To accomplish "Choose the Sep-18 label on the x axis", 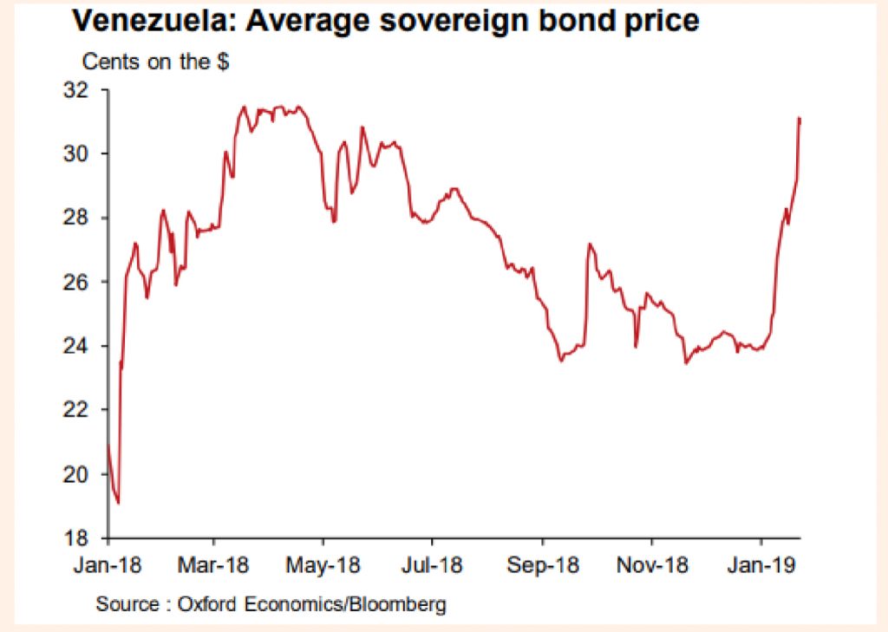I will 544,564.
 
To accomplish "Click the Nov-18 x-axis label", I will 653,564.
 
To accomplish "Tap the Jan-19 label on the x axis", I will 762,564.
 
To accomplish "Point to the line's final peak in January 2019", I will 799,119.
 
